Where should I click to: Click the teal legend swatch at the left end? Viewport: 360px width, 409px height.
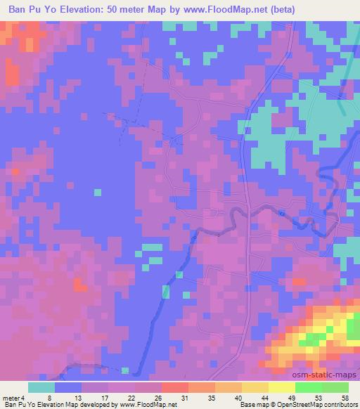point(41,387)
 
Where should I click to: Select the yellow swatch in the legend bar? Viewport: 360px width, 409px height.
point(281,387)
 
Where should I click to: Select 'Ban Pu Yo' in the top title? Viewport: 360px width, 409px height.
point(30,8)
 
